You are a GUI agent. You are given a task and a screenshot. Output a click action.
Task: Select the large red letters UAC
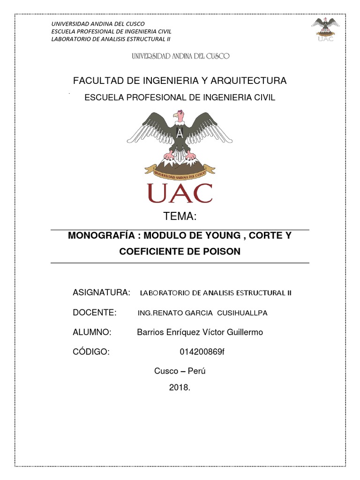(x=180, y=193)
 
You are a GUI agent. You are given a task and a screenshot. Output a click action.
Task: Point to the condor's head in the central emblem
(x=177, y=115)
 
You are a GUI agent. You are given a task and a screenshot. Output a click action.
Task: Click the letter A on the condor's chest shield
(x=180, y=133)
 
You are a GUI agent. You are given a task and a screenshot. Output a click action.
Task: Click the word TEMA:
(x=180, y=217)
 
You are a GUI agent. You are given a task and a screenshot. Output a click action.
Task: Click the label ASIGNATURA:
(x=101, y=292)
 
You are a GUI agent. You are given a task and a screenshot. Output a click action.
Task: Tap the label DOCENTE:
(x=95, y=313)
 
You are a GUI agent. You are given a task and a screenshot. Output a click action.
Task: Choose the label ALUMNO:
(x=92, y=332)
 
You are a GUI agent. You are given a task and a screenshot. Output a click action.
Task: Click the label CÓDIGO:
(x=91, y=352)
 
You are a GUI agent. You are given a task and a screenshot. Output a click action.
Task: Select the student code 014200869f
(x=202, y=352)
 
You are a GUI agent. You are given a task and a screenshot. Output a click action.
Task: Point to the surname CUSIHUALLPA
(x=244, y=313)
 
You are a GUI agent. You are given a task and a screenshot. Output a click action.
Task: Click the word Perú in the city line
(x=197, y=371)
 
